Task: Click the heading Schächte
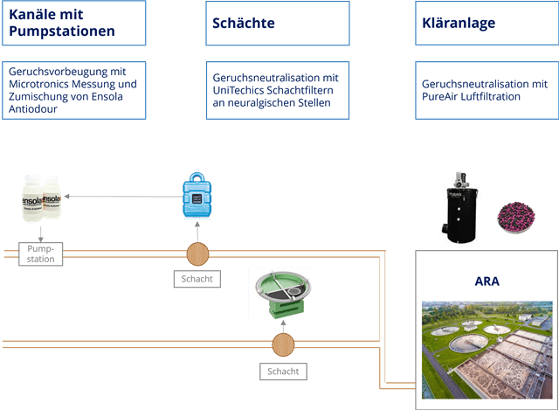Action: tap(244, 24)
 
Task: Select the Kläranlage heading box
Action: tap(485, 24)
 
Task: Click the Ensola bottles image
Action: tap(41, 198)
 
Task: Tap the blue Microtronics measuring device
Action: tap(197, 194)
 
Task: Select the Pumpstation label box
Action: tap(41, 254)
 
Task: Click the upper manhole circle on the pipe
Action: tap(198, 254)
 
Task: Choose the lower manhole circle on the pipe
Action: tap(284, 344)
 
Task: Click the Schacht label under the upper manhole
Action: tap(197, 280)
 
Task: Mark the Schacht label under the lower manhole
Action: tap(283, 371)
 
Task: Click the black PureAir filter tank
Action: tap(461, 205)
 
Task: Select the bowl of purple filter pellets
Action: tap(515, 217)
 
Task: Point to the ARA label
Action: tap(487, 282)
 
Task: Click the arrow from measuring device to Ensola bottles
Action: tap(122, 197)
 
